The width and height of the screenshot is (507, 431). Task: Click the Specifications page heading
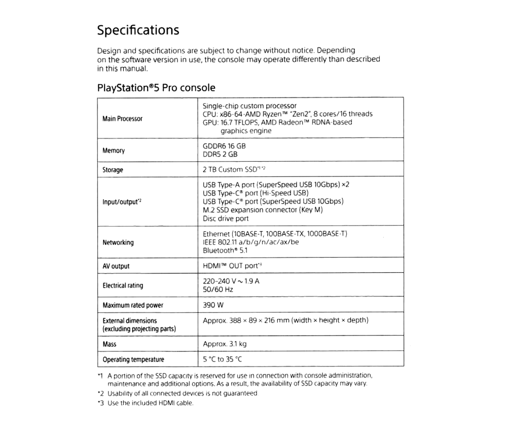138,30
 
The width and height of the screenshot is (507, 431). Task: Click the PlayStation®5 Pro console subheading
156,88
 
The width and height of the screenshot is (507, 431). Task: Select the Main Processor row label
123,119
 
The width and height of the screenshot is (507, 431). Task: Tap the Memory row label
114,151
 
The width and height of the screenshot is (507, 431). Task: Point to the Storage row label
113,170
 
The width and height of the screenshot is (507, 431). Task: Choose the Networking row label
118,242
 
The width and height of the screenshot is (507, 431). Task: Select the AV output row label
116,266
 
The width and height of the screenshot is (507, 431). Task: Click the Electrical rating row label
123,285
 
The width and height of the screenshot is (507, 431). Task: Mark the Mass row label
110,344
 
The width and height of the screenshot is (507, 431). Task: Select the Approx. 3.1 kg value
224,344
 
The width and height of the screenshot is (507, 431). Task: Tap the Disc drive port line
226,219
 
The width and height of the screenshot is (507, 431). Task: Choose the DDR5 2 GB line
220,155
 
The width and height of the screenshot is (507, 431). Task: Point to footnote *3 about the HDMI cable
144,403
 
